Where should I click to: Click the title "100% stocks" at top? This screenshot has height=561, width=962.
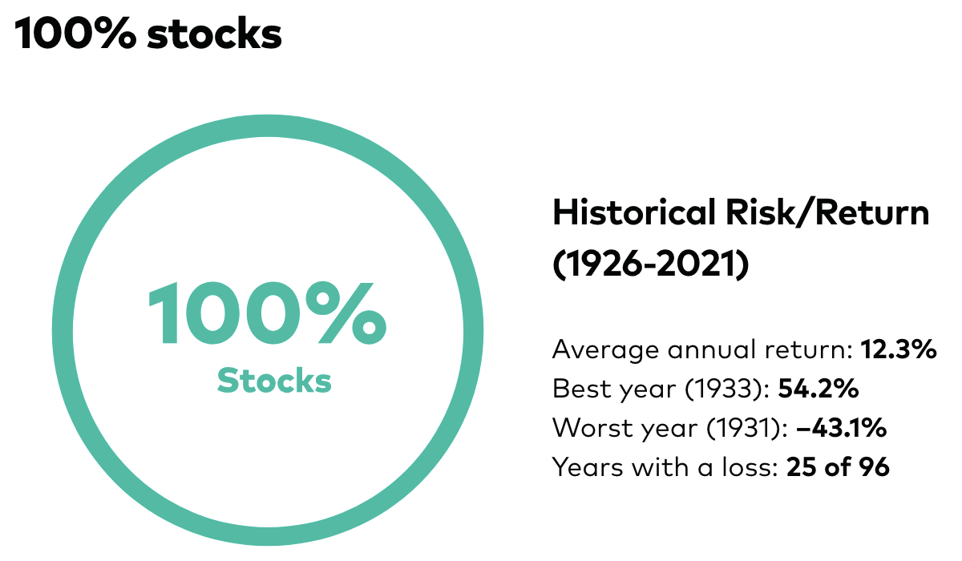point(148,34)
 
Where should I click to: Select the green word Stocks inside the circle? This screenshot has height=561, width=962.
point(274,381)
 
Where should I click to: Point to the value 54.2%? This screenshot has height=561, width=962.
point(819,389)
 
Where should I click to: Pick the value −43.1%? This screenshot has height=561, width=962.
point(841,428)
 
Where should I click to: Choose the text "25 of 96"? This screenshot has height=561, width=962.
point(838,467)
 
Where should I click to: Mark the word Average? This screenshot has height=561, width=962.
point(602,350)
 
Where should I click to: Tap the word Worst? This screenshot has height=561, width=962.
point(588,428)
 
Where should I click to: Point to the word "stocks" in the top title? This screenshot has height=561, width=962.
point(215,34)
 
